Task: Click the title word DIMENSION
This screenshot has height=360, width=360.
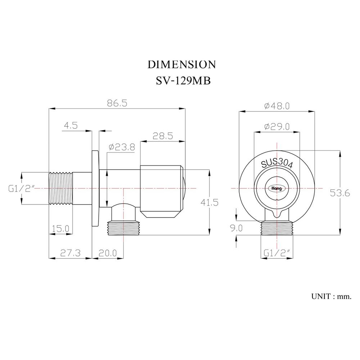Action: pos(182,64)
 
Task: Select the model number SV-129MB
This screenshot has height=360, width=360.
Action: pos(183,81)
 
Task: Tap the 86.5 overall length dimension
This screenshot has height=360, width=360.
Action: pos(117,103)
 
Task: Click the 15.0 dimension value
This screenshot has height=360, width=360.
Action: pos(61,228)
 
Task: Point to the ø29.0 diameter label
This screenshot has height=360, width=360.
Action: pos(276,126)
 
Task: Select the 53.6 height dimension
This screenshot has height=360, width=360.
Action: pos(340,193)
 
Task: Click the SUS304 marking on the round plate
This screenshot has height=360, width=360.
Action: pos(277,163)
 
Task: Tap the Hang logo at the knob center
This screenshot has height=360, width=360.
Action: pos(277,188)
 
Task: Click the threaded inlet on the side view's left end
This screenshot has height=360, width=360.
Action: pos(60,188)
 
